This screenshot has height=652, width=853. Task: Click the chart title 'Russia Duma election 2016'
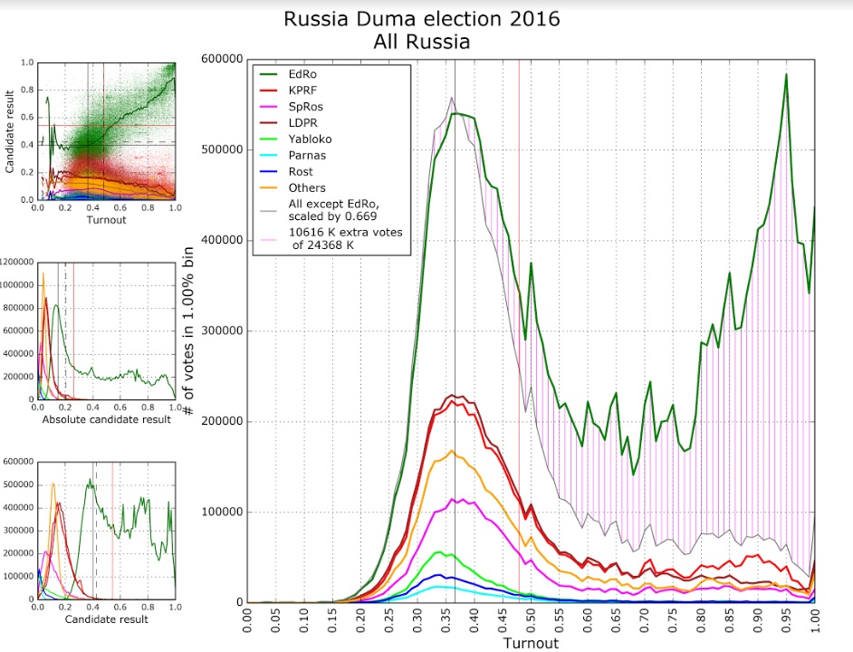[x=421, y=18]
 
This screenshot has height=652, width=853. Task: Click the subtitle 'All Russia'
[x=421, y=41]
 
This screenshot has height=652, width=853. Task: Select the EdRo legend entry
[x=302, y=74]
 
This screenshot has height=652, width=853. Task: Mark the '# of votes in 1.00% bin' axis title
[x=192, y=331]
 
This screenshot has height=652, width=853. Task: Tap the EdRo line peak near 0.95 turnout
[x=786, y=74]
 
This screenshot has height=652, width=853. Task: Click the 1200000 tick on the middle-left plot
[x=18, y=263]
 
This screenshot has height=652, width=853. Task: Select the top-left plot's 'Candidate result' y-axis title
[x=9, y=131]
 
